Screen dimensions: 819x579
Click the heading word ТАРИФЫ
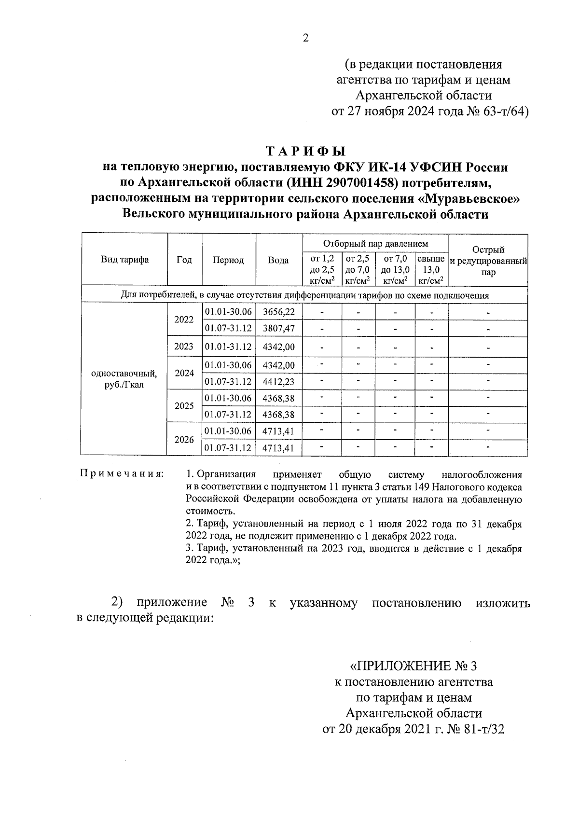pyautogui.click(x=305, y=151)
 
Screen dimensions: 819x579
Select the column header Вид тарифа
pyautogui.click(x=124, y=260)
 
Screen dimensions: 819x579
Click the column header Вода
pyautogui.click(x=278, y=260)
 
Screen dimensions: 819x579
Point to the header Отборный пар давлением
pyautogui.click(x=375, y=243)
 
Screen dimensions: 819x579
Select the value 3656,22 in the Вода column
pyautogui.click(x=278, y=312)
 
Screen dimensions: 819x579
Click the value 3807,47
pyautogui.click(x=278, y=329)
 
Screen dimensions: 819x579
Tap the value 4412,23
pyautogui.click(x=278, y=382)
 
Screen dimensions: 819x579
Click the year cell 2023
pyautogui.click(x=184, y=347)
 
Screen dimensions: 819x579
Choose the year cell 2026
pyautogui.click(x=184, y=440)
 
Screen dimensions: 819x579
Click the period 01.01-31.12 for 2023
pyautogui.click(x=228, y=347)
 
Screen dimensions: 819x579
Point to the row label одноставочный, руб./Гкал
pyautogui.click(x=124, y=379)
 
